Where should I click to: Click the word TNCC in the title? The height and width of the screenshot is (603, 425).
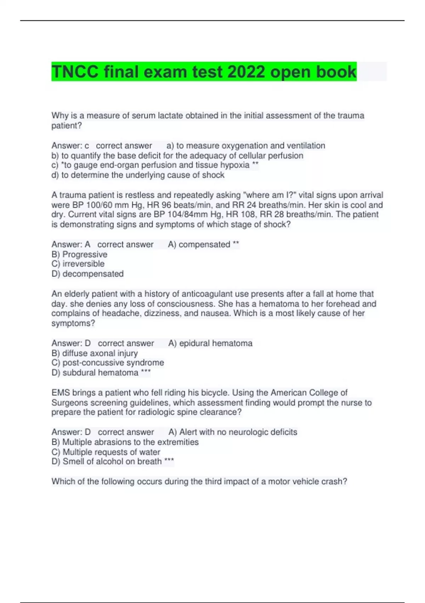75,72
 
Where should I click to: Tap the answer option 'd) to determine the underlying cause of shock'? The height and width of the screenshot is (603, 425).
138,175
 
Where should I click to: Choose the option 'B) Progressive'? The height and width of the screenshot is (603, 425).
79,254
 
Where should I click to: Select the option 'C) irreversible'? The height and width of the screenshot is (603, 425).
78,264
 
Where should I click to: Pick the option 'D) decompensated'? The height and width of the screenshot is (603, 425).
87,274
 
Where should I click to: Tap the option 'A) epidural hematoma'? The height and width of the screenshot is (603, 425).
210,343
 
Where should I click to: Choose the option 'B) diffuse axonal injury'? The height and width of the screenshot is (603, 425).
95,353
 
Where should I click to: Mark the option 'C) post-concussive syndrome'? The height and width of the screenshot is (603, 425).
108,363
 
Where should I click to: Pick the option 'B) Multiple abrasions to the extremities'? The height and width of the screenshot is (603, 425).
125,442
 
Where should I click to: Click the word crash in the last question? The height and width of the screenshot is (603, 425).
331,482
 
